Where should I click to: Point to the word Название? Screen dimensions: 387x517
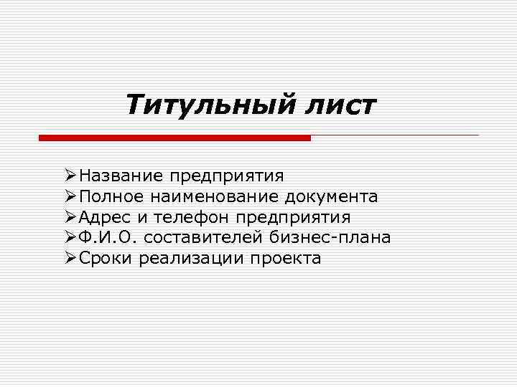tap(121, 175)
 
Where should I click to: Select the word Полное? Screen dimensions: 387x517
tap(112, 196)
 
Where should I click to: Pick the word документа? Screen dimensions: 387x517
tap(331, 196)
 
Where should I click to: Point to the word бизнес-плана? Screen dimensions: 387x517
tap(331, 237)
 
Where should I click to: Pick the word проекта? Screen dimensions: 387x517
tap(286, 258)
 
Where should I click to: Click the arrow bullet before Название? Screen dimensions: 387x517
tap(70, 175)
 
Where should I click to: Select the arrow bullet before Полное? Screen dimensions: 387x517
tap(70, 196)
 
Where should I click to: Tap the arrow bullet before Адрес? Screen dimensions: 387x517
tap(70, 216)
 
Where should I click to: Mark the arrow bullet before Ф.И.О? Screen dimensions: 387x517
tap(70, 237)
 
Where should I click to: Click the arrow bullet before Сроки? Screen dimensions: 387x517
tap(70, 258)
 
